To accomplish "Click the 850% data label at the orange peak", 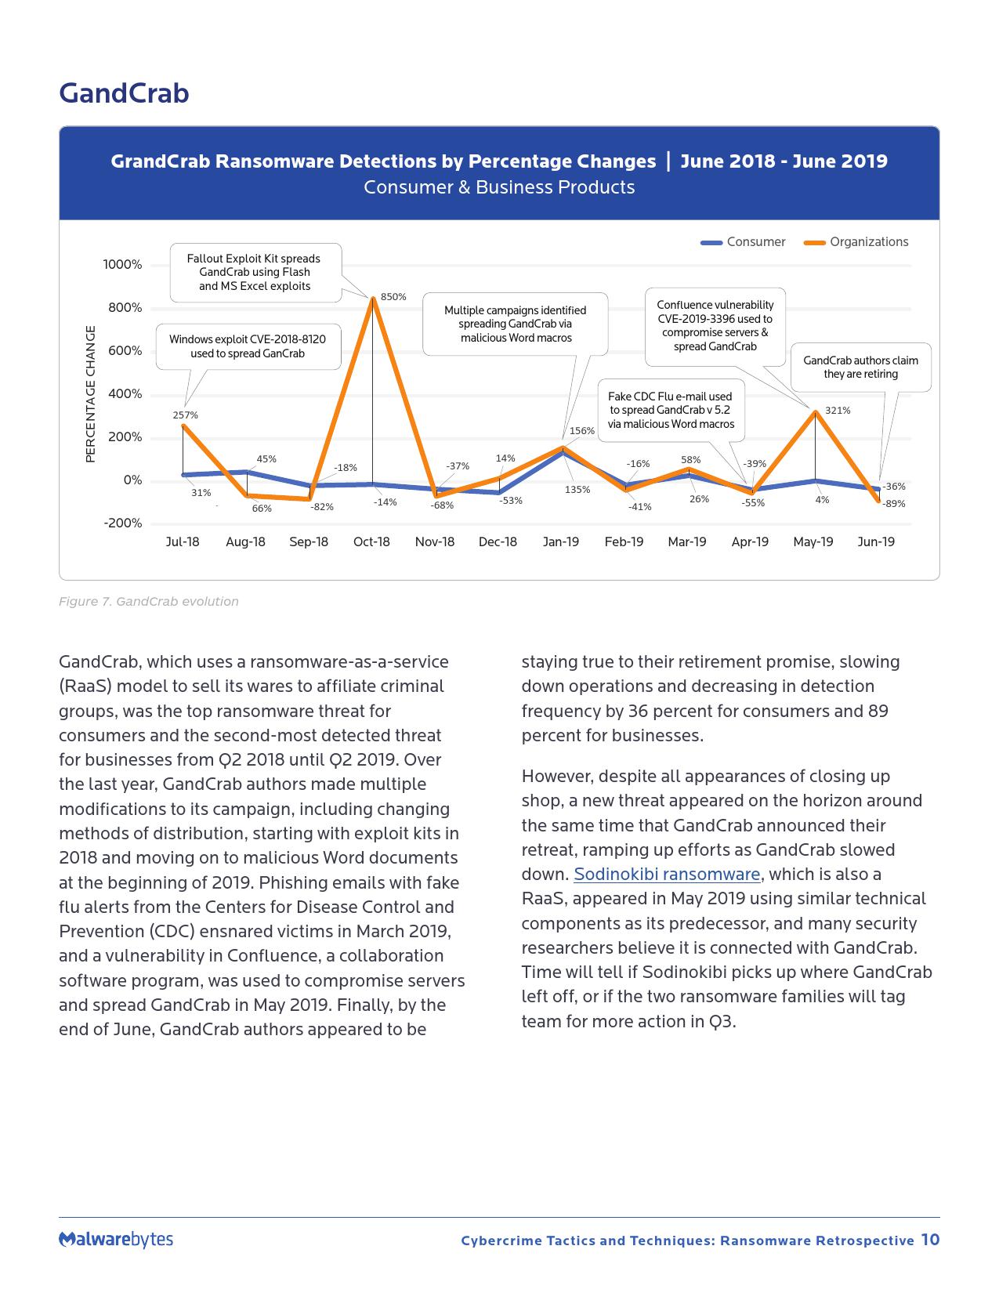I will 393,297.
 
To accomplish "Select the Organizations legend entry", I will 856,242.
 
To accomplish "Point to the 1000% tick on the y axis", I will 123,265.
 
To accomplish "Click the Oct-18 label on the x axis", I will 371,541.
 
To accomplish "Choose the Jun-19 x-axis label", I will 876,541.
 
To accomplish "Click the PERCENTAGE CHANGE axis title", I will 90,393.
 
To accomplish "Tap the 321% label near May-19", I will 838,410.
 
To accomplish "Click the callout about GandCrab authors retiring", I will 860,367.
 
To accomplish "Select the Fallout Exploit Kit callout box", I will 255,272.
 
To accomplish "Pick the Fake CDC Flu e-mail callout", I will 671,410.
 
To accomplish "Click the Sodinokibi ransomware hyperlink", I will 667,875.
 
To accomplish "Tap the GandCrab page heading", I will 124,93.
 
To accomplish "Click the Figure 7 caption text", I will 149,602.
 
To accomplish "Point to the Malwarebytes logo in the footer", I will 116,1239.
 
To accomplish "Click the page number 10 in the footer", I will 930,1240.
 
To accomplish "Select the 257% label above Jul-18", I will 186,415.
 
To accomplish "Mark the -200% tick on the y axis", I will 123,523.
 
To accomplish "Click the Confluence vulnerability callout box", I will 715,325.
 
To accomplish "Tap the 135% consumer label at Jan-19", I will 577,490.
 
